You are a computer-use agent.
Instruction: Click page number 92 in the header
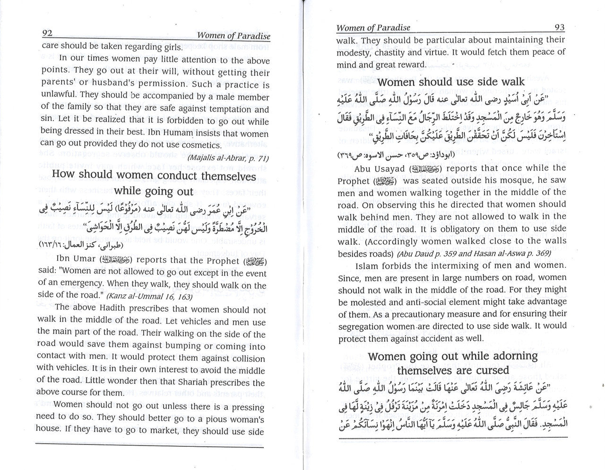click(47, 34)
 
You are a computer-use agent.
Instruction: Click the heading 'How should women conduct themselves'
click(154, 175)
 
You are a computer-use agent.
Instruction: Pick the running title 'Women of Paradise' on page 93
click(373, 28)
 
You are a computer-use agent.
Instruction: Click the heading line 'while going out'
click(154, 191)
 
